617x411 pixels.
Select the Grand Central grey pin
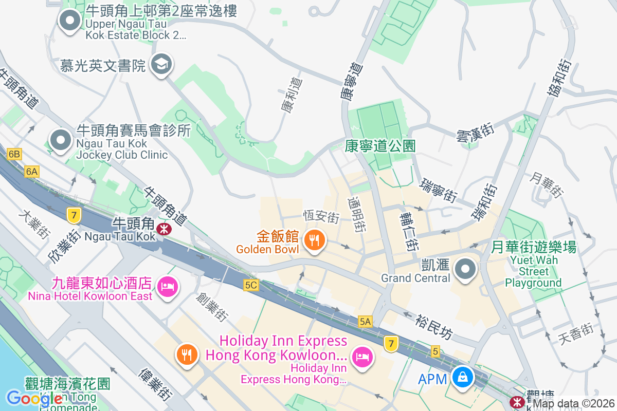465,269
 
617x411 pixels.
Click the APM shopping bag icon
463,378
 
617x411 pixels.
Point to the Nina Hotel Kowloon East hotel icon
167,285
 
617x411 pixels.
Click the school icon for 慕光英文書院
162,64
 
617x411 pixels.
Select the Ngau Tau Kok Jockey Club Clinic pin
61,140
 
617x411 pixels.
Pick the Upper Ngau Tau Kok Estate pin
69,21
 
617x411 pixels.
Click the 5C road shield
251,285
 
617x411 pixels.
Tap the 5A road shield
365,322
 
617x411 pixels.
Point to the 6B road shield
14,154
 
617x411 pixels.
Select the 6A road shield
32,172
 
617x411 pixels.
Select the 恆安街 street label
321,216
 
